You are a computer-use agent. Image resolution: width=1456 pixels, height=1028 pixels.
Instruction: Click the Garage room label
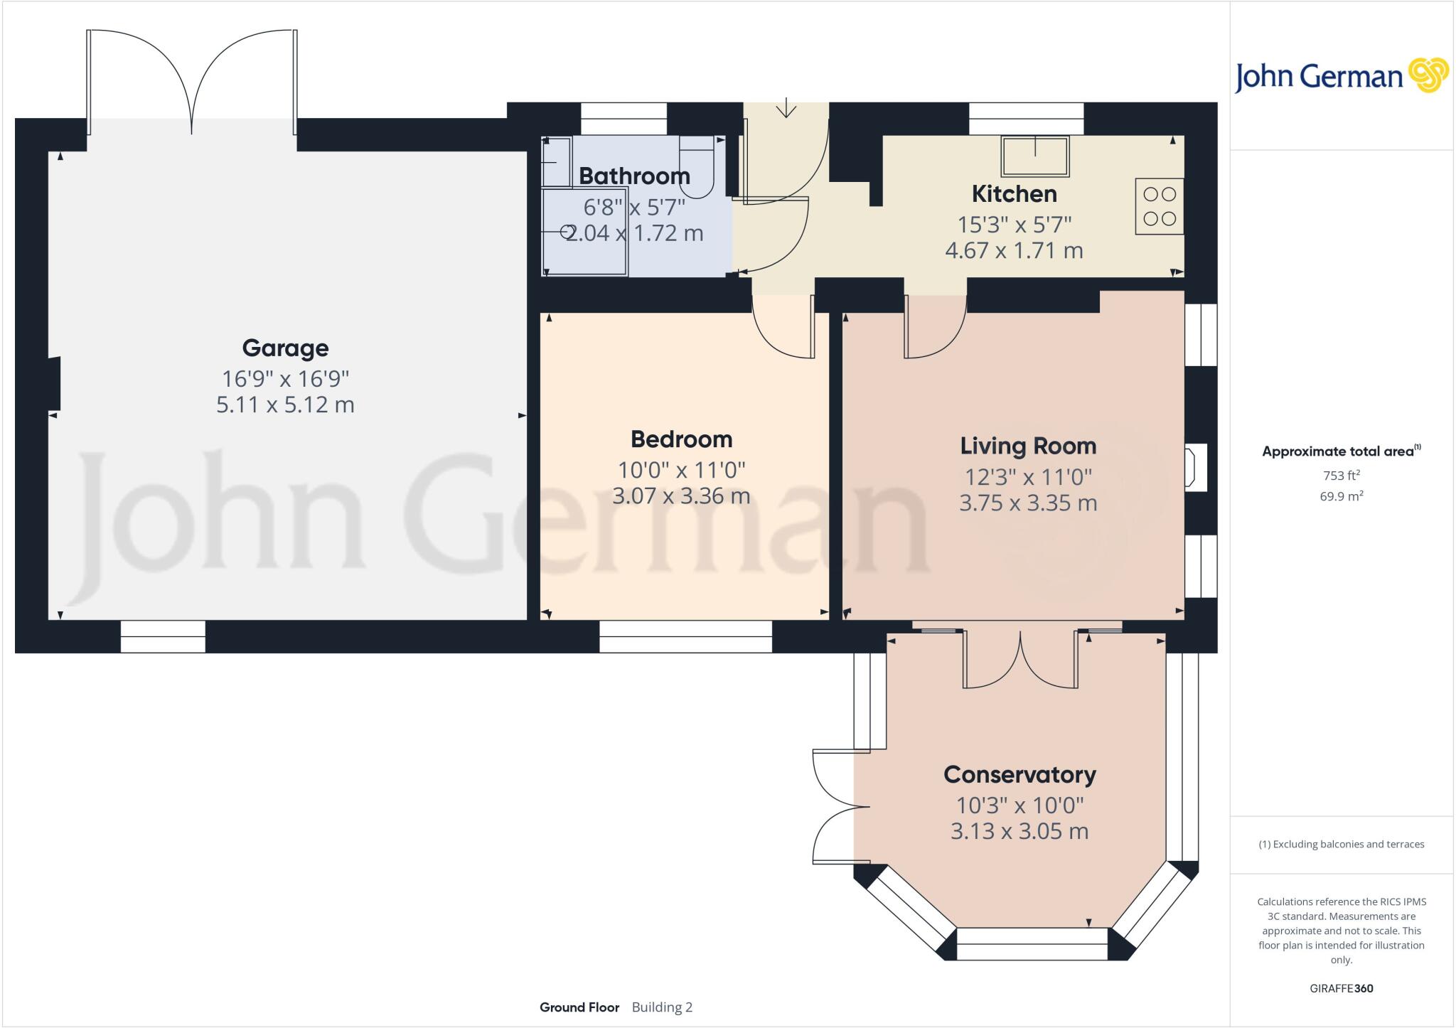pyautogui.click(x=285, y=348)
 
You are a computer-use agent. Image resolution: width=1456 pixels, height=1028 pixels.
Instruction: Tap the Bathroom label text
pyautogui.click(x=634, y=176)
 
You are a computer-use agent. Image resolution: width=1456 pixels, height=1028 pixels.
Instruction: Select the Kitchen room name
pyautogui.click(x=1014, y=193)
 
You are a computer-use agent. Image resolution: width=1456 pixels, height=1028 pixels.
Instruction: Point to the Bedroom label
pyautogui.click(x=681, y=439)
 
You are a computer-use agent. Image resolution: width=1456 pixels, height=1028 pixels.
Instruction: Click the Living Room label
pyautogui.click(x=1028, y=446)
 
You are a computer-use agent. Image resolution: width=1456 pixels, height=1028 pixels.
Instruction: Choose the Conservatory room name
pyautogui.click(x=1019, y=774)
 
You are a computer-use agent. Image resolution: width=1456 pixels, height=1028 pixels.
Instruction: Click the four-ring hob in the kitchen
pyautogui.click(x=1159, y=206)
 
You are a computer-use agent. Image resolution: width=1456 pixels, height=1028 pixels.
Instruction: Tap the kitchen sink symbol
pyautogui.click(x=1035, y=156)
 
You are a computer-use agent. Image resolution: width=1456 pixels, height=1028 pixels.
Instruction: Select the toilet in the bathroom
pyautogui.click(x=697, y=167)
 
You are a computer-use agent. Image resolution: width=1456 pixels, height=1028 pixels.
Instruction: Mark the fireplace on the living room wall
pyautogui.click(x=1194, y=467)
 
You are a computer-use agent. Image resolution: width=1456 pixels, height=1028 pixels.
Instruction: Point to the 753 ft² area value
pyautogui.click(x=1341, y=476)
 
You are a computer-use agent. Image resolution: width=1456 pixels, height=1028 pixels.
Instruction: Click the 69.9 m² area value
pyautogui.click(x=1341, y=496)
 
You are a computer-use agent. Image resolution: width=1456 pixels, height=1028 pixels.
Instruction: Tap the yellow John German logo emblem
pyautogui.click(x=1428, y=75)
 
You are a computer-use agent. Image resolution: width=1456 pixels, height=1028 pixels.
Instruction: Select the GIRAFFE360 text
pyautogui.click(x=1341, y=988)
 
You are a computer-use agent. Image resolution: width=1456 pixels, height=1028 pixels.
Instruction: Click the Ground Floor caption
pyautogui.click(x=579, y=1007)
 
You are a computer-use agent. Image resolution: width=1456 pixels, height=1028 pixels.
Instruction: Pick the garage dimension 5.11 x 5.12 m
pyautogui.click(x=285, y=405)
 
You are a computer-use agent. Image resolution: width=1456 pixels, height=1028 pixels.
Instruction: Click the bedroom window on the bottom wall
pyautogui.click(x=685, y=637)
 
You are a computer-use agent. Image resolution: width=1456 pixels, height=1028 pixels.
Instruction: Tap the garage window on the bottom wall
pyautogui.click(x=163, y=637)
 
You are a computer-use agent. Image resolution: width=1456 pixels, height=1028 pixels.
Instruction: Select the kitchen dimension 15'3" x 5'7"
pyautogui.click(x=1014, y=225)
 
